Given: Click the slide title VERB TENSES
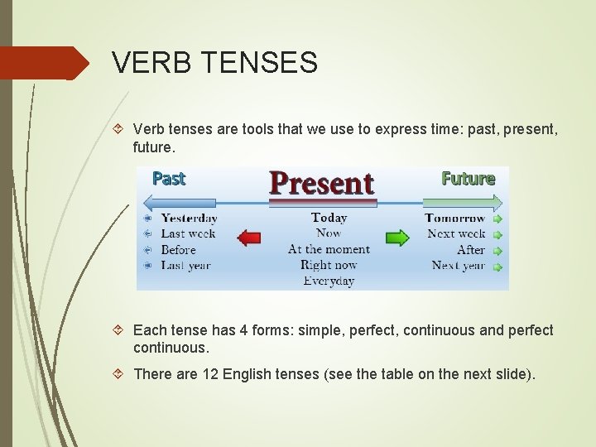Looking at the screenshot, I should (x=214, y=63).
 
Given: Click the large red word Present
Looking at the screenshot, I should (x=321, y=182).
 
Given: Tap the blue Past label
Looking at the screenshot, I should (x=169, y=178).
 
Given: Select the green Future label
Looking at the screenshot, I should (x=468, y=178).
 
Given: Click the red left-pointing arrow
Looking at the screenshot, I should (x=249, y=238).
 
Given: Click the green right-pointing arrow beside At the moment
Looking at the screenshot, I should (x=397, y=238).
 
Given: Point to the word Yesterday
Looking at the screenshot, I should (x=189, y=219).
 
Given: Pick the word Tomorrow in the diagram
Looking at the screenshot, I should (x=454, y=219).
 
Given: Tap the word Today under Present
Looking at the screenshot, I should (x=329, y=218).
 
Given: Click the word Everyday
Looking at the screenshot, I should (x=329, y=281).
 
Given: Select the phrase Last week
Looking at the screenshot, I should (x=188, y=234).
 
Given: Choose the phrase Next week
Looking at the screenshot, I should (x=456, y=233).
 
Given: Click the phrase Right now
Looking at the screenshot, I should (x=329, y=265).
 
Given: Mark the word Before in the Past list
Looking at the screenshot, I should (x=178, y=250).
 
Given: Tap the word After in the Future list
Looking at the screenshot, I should (x=470, y=249).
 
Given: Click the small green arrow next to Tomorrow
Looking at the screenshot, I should (x=497, y=219).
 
